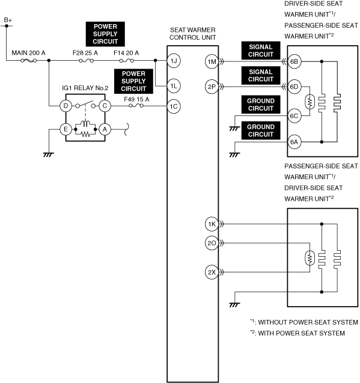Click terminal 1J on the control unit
pos(174,61)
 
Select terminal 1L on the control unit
pos(174,86)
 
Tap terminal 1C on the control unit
pos(174,106)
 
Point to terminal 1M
pos(212,61)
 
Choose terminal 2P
pos(212,87)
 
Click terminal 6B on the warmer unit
pos(294,61)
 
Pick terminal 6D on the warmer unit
pos(294,87)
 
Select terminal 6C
pos(294,116)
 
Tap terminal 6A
pos(294,142)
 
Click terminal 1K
pos(212,224)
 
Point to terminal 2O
pos(212,243)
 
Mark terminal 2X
pos(212,272)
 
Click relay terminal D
pos(66,106)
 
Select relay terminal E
pos(66,129)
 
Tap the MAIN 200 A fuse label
pos(29,53)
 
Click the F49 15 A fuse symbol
pos(136,106)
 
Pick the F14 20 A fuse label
pos(126,53)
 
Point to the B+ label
pos(8,20)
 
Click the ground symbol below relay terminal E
pos(49,155)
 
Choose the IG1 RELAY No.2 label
pos(85,88)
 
